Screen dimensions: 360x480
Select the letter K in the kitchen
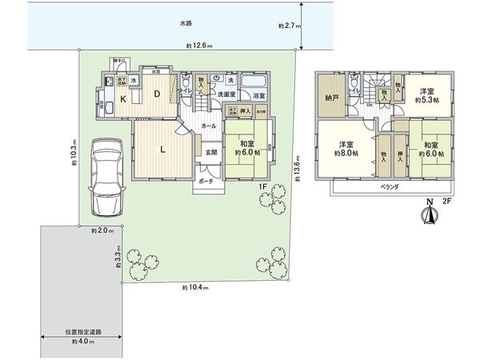point(123,99)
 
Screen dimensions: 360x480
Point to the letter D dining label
point(158,94)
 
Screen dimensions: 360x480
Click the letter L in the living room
point(162,149)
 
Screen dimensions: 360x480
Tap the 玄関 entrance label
point(209,152)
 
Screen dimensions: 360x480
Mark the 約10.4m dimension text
point(195,287)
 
